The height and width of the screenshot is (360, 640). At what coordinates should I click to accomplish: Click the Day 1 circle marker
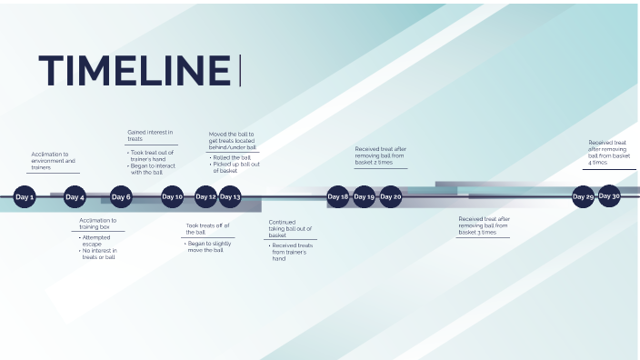coord(25,196)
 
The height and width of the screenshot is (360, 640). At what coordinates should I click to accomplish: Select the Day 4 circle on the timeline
coord(75,196)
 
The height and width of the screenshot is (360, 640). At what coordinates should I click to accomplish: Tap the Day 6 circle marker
coord(121,196)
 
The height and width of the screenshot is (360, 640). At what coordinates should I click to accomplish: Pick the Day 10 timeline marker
coord(172,196)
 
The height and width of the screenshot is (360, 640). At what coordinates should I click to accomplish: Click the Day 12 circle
coord(206,196)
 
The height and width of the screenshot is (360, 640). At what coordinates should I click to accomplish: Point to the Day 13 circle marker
coord(230,196)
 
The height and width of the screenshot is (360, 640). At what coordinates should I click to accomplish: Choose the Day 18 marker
coord(338,196)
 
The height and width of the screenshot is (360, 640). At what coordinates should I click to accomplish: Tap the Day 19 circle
coord(364,196)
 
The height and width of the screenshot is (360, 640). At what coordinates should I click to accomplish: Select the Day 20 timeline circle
coord(390,196)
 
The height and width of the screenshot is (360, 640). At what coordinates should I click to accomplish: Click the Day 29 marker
coord(583,196)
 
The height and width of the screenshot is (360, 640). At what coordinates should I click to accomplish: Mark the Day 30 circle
coord(609,195)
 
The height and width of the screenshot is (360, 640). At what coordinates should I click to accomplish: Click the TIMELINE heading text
coord(135,71)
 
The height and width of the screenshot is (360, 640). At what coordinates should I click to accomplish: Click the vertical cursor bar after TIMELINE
coord(240,71)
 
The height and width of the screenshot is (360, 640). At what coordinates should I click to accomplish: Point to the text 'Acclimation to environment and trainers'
coord(53,161)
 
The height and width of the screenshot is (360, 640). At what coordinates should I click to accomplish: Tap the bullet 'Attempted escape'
coord(96,241)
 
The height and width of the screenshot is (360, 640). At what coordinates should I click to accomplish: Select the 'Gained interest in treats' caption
coord(149,135)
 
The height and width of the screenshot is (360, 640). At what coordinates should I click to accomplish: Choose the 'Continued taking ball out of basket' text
coord(290,228)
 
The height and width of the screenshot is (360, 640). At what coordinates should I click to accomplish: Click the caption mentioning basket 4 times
coord(608,153)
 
